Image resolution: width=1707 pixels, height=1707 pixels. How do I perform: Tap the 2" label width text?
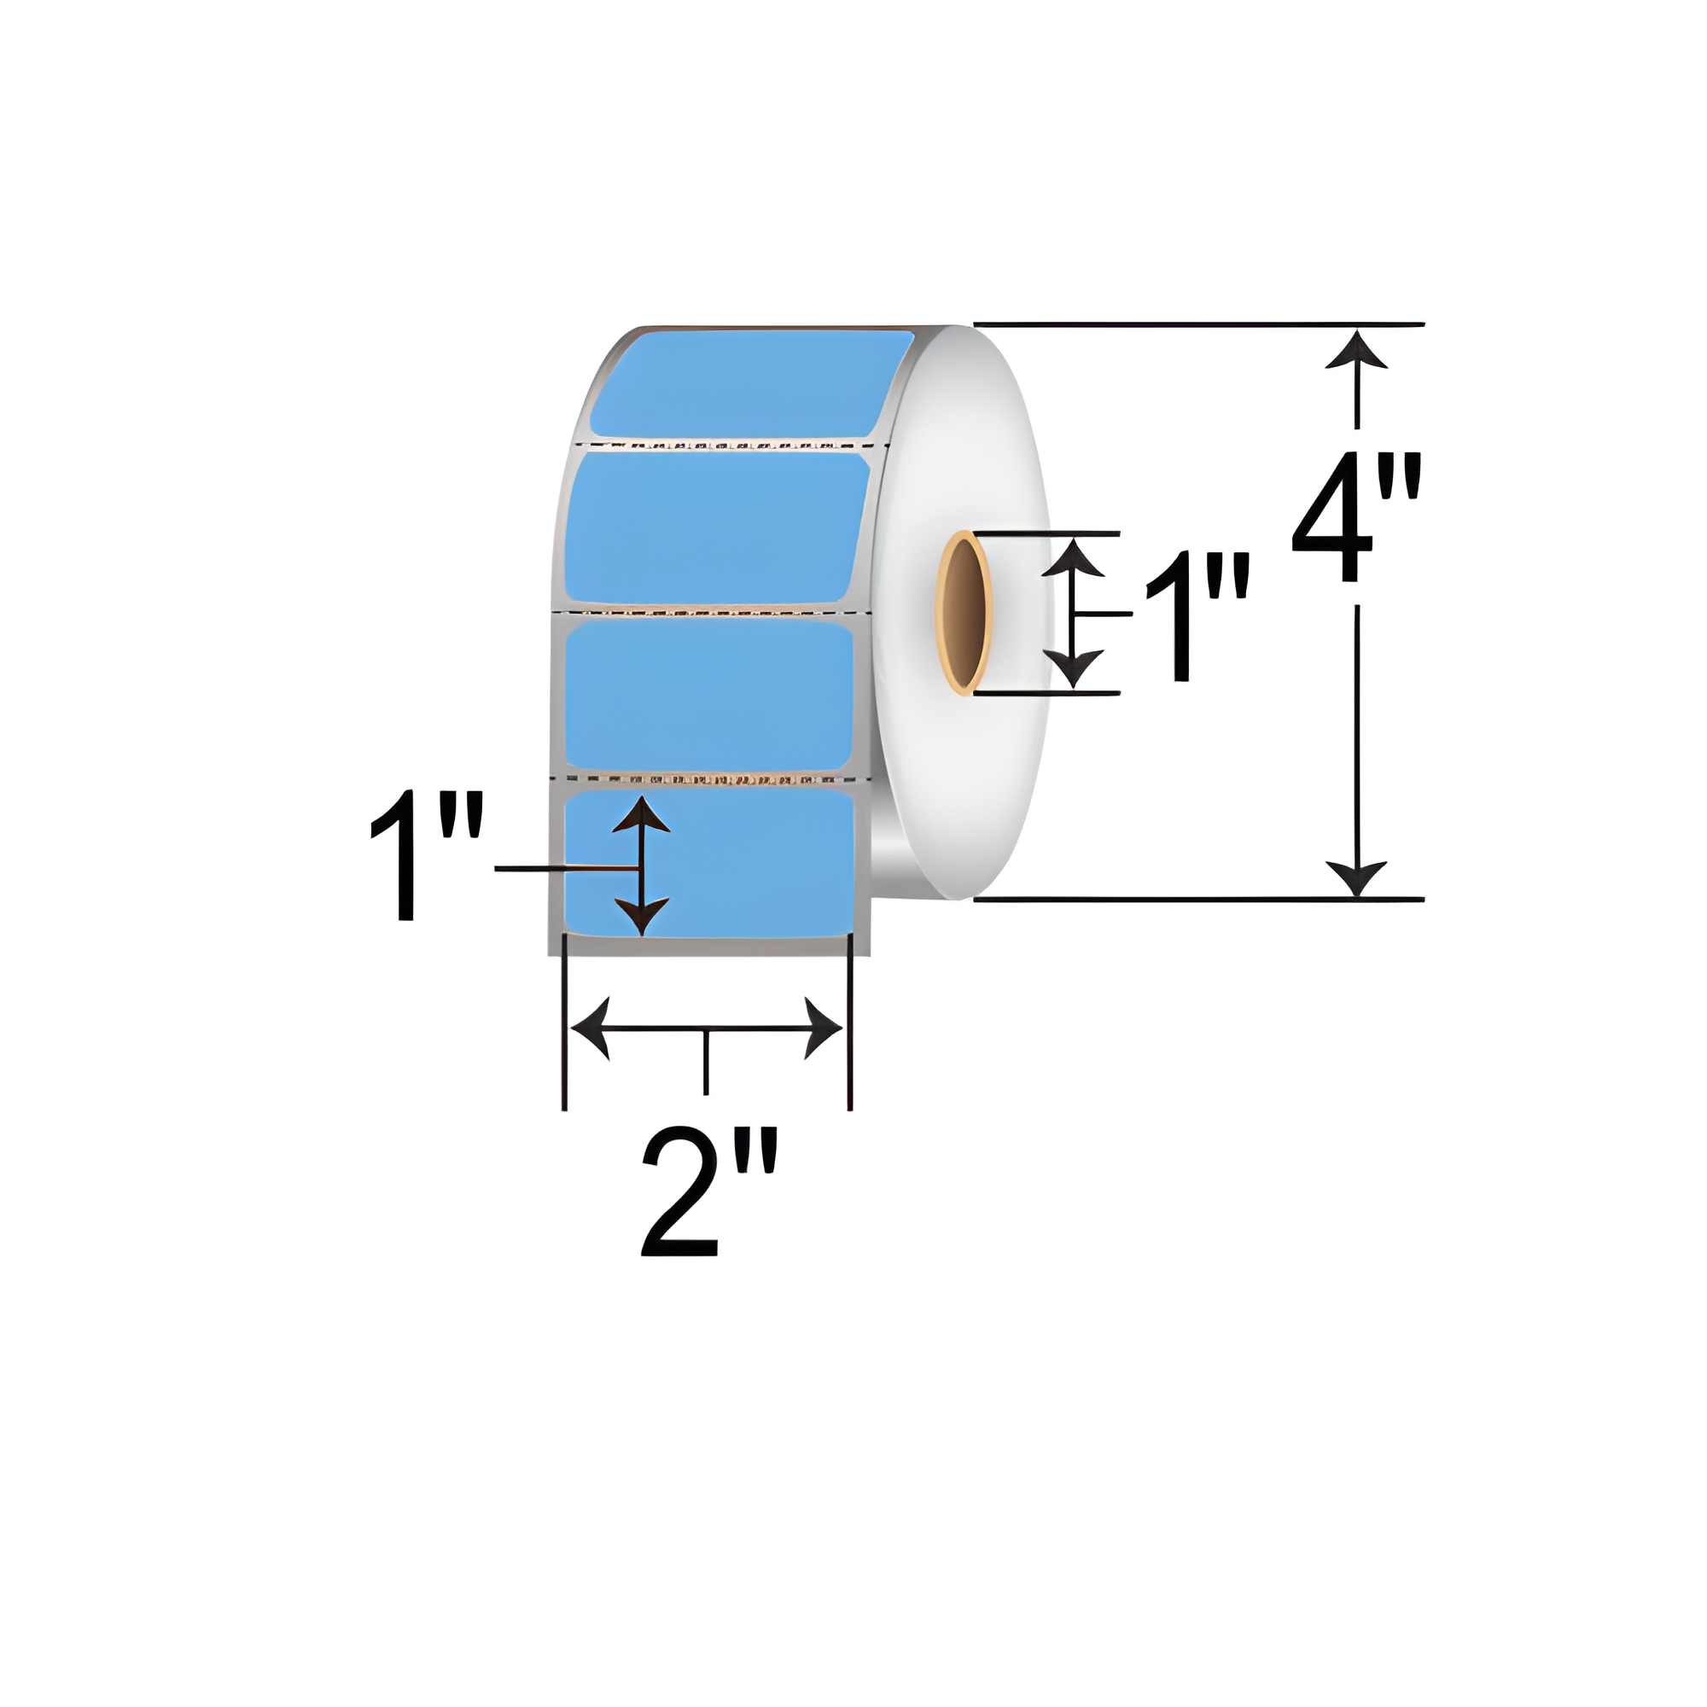[x=709, y=1190]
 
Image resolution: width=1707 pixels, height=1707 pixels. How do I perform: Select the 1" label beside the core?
[x=1197, y=617]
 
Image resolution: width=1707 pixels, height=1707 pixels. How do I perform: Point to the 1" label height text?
[x=427, y=854]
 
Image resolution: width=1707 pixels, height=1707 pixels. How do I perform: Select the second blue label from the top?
[x=717, y=527]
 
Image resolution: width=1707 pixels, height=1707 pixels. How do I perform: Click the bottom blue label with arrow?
[x=708, y=863]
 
